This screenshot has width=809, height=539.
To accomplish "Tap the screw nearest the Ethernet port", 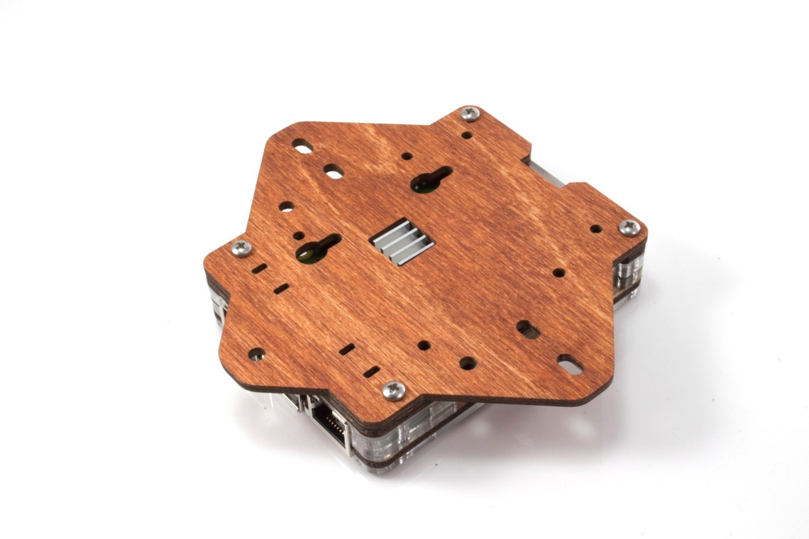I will click(x=393, y=389).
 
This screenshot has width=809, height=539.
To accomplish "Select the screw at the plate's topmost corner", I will click(x=470, y=113).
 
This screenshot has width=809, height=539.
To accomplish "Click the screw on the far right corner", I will click(x=629, y=227).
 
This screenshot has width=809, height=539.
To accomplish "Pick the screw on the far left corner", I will click(x=242, y=248).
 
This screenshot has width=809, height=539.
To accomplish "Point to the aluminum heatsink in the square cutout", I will click(x=402, y=241).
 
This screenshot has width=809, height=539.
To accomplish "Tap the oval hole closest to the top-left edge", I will click(x=302, y=146).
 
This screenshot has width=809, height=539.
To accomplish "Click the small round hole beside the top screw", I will click(x=466, y=134).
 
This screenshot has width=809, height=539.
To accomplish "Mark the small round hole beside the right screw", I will click(x=595, y=229).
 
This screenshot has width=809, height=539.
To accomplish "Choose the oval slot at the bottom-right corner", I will click(x=569, y=365).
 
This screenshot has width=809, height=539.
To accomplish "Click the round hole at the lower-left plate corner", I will click(x=257, y=353).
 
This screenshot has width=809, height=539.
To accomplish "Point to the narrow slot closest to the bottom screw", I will click(x=370, y=371).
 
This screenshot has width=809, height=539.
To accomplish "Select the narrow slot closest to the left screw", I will click(x=260, y=269).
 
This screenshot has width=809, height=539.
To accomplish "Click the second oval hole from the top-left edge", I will click(x=332, y=171).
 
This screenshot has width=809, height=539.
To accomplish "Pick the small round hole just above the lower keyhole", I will click(x=299, y=235).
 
